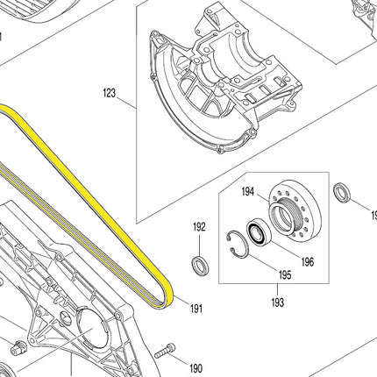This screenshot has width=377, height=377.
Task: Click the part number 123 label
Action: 110,93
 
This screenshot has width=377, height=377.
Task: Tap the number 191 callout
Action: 196,309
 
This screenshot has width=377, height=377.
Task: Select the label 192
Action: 199,227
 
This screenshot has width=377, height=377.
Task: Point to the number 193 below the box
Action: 277,302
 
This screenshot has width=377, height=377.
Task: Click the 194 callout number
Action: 248,192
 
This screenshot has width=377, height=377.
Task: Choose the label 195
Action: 285,274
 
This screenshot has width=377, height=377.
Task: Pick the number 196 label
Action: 307,261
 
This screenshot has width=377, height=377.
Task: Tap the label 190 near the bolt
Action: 196,368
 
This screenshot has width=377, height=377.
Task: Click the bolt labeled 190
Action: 165,351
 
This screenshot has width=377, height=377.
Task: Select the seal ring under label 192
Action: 200,265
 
